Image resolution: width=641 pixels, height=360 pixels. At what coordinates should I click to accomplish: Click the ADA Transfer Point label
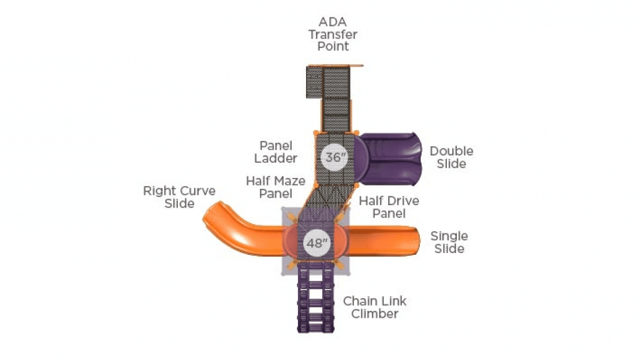click(333, 34)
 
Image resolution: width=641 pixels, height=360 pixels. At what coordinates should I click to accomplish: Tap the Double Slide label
click(452, 158)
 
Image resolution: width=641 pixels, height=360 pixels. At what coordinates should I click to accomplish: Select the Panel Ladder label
click(275, 152)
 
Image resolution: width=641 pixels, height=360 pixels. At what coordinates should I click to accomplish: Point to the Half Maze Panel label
click(275, 187)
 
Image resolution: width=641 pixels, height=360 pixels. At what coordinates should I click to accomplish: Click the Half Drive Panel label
click(389, 207)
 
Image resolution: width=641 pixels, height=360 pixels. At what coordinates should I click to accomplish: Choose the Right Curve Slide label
click(179, 197)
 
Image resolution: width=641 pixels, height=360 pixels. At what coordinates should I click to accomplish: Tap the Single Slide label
click(449, 242)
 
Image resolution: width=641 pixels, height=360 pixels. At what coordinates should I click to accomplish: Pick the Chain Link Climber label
click(374, 307)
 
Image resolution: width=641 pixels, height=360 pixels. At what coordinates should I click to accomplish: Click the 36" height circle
click(334, 157)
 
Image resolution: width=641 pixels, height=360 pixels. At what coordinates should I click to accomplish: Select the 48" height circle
click(316, 243)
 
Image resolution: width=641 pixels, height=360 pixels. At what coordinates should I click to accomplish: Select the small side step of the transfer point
click(314, 82)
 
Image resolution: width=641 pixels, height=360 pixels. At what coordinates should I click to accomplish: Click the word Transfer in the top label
click(333, 34)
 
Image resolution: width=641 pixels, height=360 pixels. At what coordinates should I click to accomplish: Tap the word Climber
click(374, 314)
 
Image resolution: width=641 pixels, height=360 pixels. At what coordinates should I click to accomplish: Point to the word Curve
click(198, 191)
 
